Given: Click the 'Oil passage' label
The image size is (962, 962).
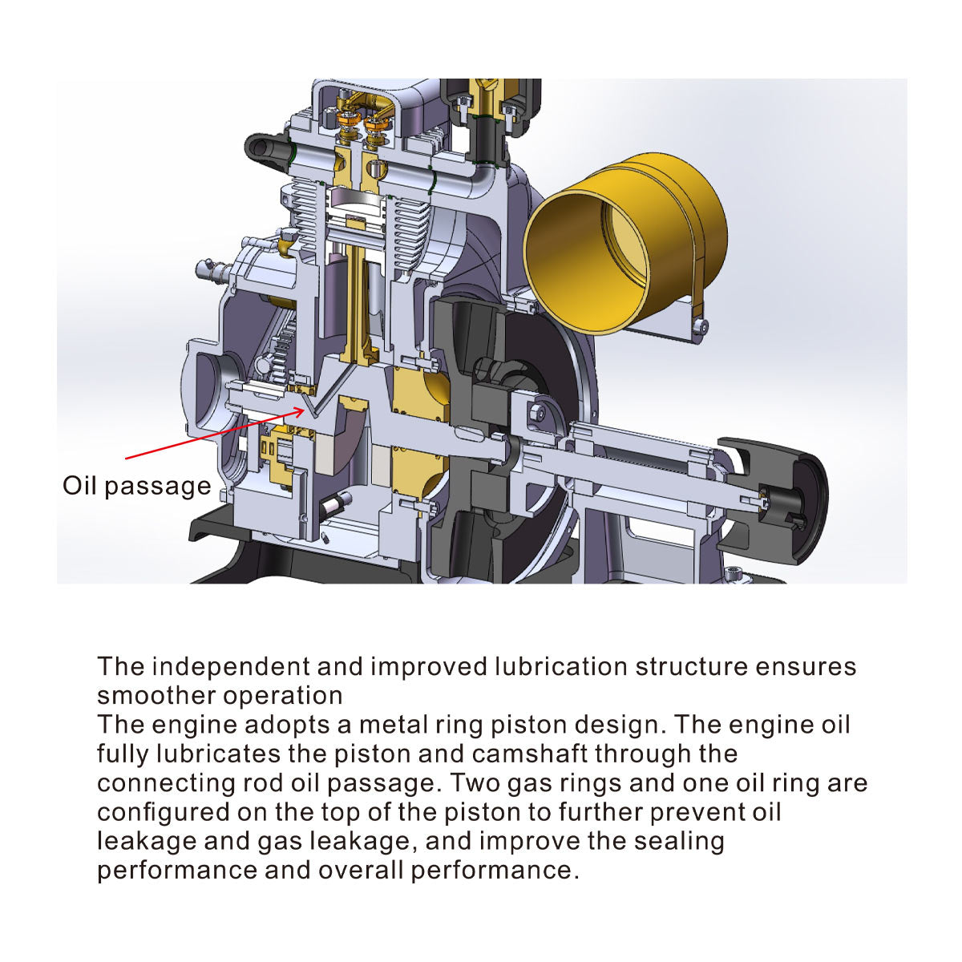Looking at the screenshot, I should [136, 486].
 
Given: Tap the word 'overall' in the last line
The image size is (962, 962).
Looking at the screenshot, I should [361, 871].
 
